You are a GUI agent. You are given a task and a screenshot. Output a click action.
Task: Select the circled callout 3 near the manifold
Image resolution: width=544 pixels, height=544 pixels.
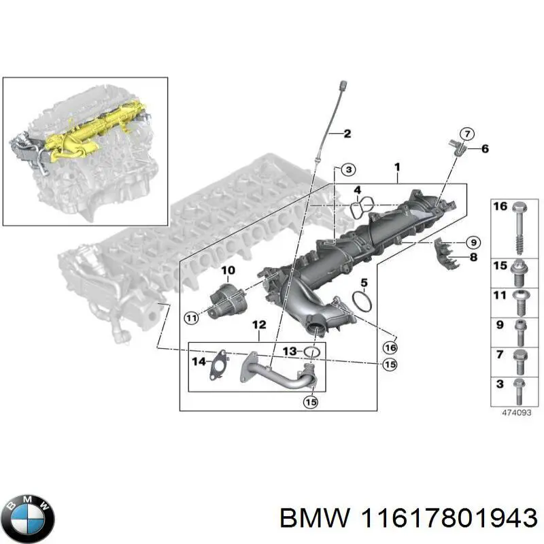347,169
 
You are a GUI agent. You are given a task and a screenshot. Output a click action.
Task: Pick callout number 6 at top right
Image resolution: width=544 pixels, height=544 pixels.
484,148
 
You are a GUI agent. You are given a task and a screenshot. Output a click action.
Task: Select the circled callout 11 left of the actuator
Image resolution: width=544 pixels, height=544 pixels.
192,317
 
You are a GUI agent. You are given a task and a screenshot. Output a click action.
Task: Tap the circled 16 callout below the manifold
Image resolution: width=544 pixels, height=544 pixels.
390,347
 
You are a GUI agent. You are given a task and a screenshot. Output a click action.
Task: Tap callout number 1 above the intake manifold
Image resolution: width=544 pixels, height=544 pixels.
398,167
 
